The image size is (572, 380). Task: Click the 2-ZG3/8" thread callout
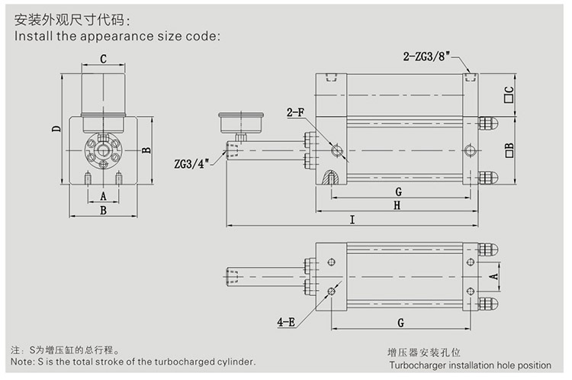[x=427, y=56]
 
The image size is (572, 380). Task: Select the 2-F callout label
[x=296, y=114]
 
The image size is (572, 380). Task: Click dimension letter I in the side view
[x=352, y=220]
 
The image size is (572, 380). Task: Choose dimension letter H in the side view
[x=397, y=204]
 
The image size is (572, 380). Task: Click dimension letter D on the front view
[x=56, y=128]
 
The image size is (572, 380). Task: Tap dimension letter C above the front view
[x=103, y=59]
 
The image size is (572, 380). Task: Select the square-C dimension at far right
[x=509, y=95]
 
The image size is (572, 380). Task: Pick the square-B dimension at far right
[x=509, y=148]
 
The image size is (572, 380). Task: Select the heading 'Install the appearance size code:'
[x=117, y=35]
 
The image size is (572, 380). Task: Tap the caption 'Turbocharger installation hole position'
[x=468, y=366]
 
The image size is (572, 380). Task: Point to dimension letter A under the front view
[x=103, y=195]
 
